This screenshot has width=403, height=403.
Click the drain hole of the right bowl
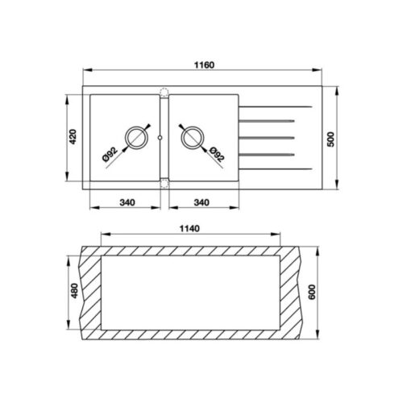(192, 137)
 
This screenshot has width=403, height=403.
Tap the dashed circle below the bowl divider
(164, 183)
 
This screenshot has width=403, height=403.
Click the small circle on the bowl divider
(164, 137)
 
